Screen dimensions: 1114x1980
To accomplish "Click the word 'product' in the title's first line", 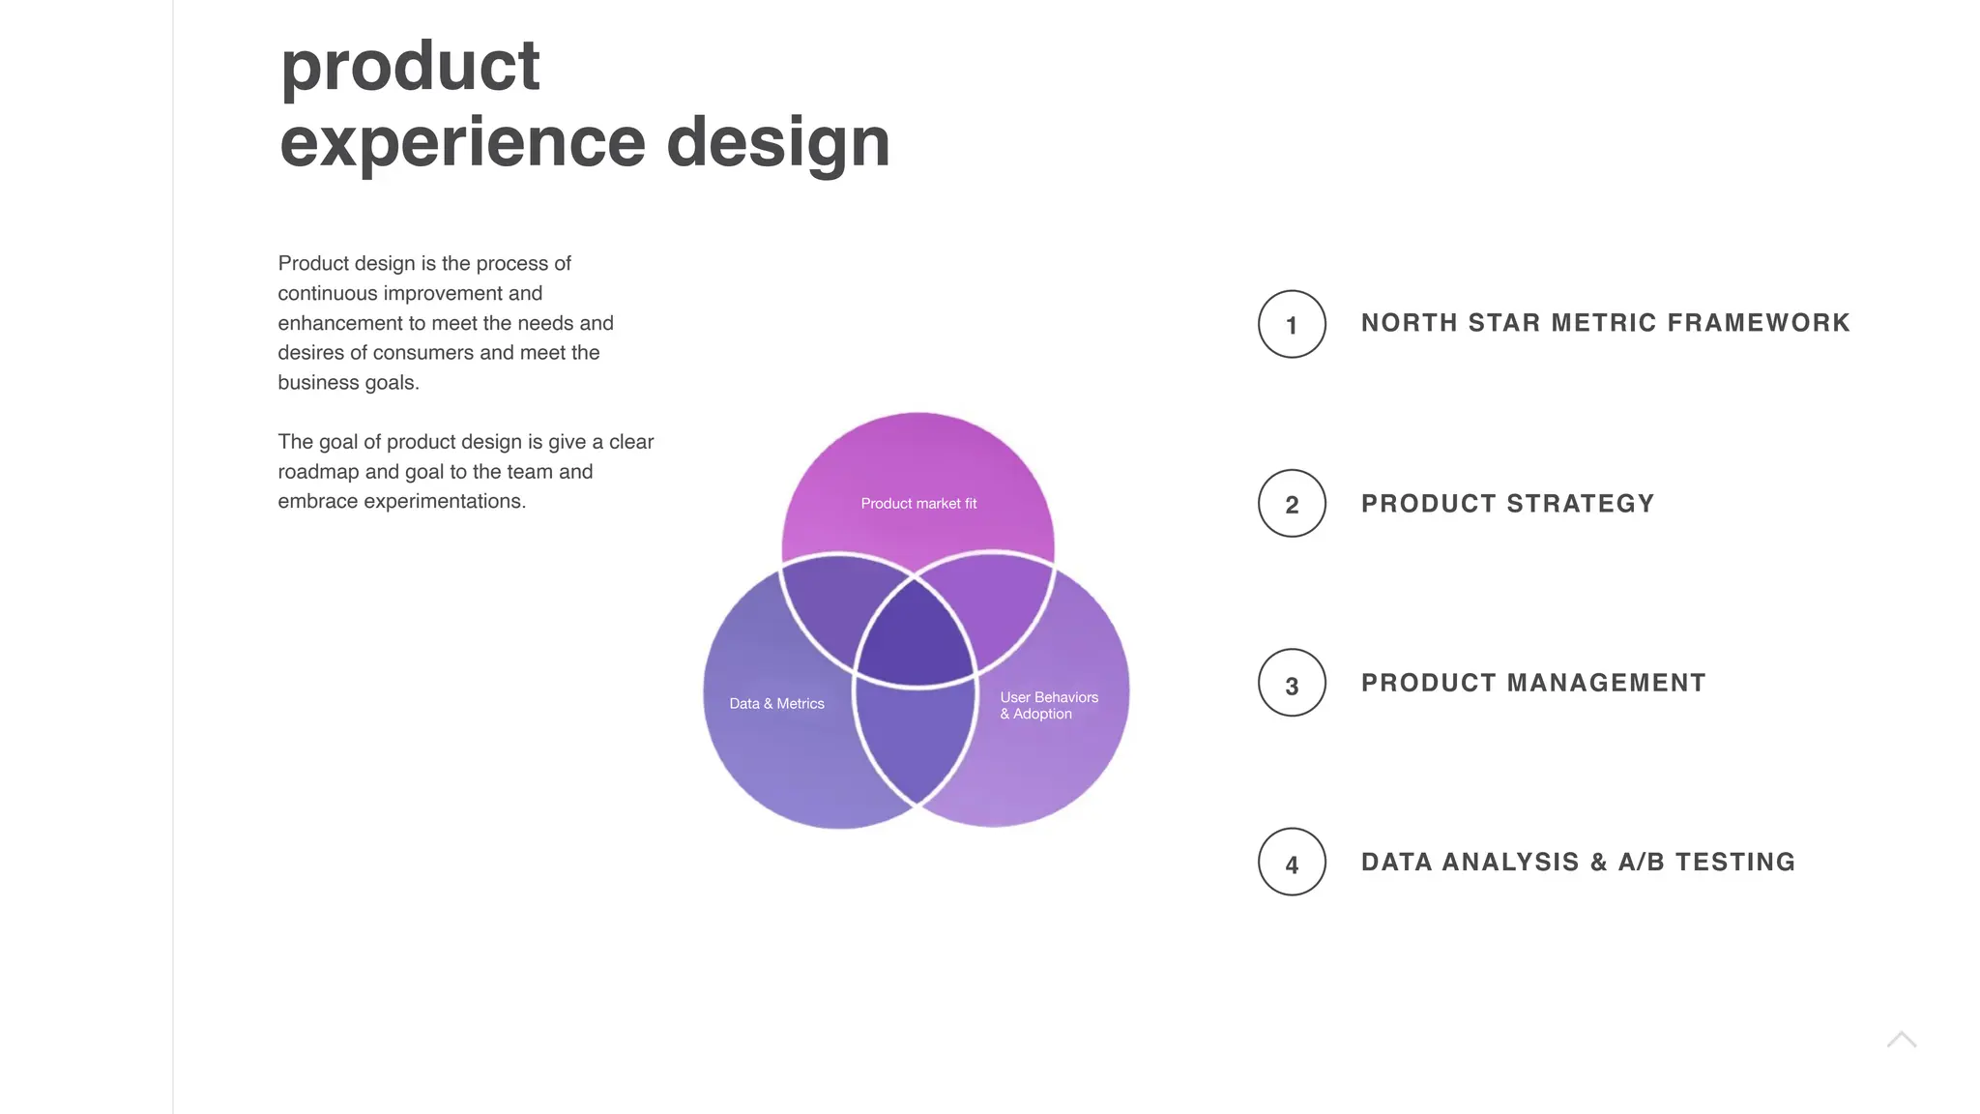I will click(x=410, y=68).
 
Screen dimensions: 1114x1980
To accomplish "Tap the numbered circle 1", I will click(x=1292, y=324).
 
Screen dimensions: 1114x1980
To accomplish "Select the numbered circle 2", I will click(x=1292, y=504).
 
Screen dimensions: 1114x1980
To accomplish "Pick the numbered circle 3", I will click(x=1292, y=684).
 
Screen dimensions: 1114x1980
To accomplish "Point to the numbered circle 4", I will click(x=1292, y=863).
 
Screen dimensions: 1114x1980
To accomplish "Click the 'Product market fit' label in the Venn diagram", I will click(x=918, y=504).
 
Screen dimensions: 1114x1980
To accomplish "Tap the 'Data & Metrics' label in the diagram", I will click(x=776, y=704).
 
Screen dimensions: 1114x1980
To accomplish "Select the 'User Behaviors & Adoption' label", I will click(x=1048, y=705).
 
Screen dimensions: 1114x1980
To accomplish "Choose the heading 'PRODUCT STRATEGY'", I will click(x=1507, y=504).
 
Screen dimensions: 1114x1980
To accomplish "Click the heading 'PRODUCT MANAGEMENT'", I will click(x=1533, y=683).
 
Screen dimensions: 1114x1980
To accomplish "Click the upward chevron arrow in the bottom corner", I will click(x=1901, y=1041).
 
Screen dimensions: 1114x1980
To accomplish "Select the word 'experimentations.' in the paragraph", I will click(x=444, y=502).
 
